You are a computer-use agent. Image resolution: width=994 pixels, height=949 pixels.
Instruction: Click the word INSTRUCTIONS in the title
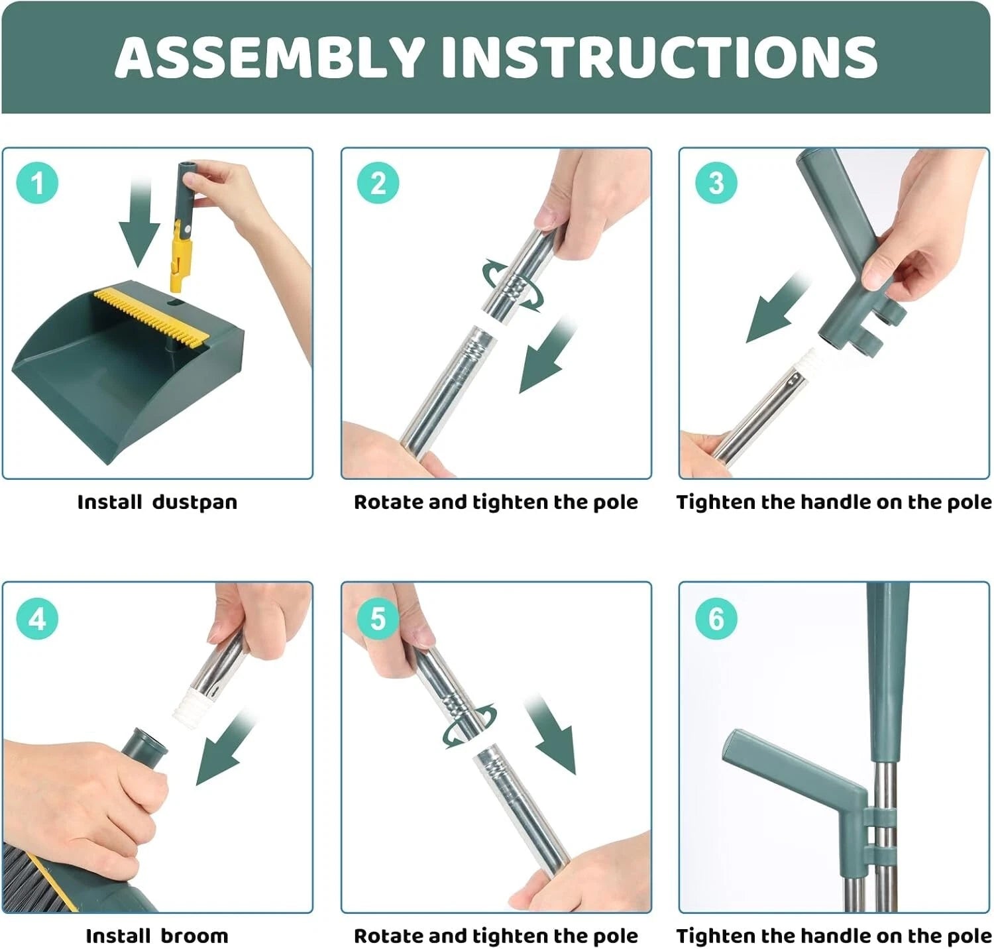[x=659, y=57]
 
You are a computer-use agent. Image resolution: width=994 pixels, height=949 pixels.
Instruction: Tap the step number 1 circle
[x=37, y=183]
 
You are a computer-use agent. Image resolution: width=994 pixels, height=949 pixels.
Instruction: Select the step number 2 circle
[x=378, y=183]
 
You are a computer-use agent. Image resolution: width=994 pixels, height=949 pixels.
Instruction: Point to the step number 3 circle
[x=716, y=183]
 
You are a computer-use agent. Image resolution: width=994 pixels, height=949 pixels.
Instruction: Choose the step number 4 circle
[x=37, y=618]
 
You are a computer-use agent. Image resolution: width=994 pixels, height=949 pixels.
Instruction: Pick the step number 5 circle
[x=378, y=618]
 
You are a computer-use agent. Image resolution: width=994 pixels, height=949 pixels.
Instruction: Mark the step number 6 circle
[x=716, y=618]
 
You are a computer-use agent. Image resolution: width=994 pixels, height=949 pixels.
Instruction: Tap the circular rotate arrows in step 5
[x=469, y=726]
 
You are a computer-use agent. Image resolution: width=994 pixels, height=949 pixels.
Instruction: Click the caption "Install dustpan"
[x=157, y=502]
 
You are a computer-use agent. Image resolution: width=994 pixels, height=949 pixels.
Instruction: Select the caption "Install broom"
[x=157, y=936]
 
